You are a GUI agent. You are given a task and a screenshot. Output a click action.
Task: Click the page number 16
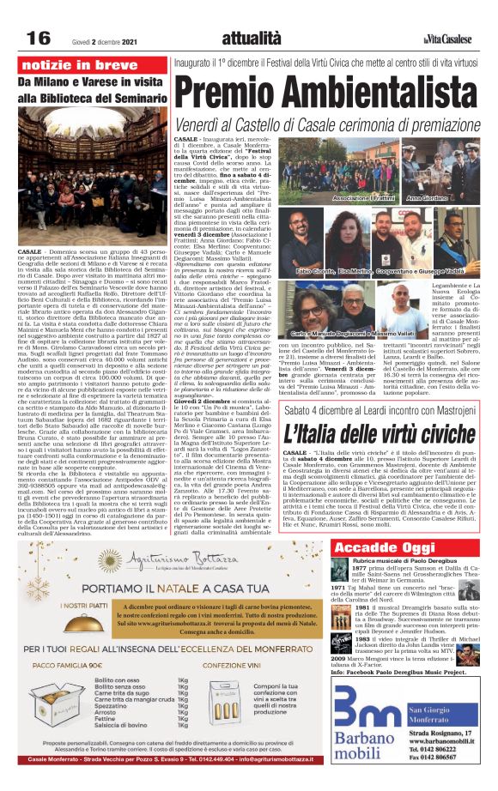(x=39, y=37)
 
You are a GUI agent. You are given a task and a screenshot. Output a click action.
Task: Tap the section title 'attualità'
(x=250, y=37)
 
